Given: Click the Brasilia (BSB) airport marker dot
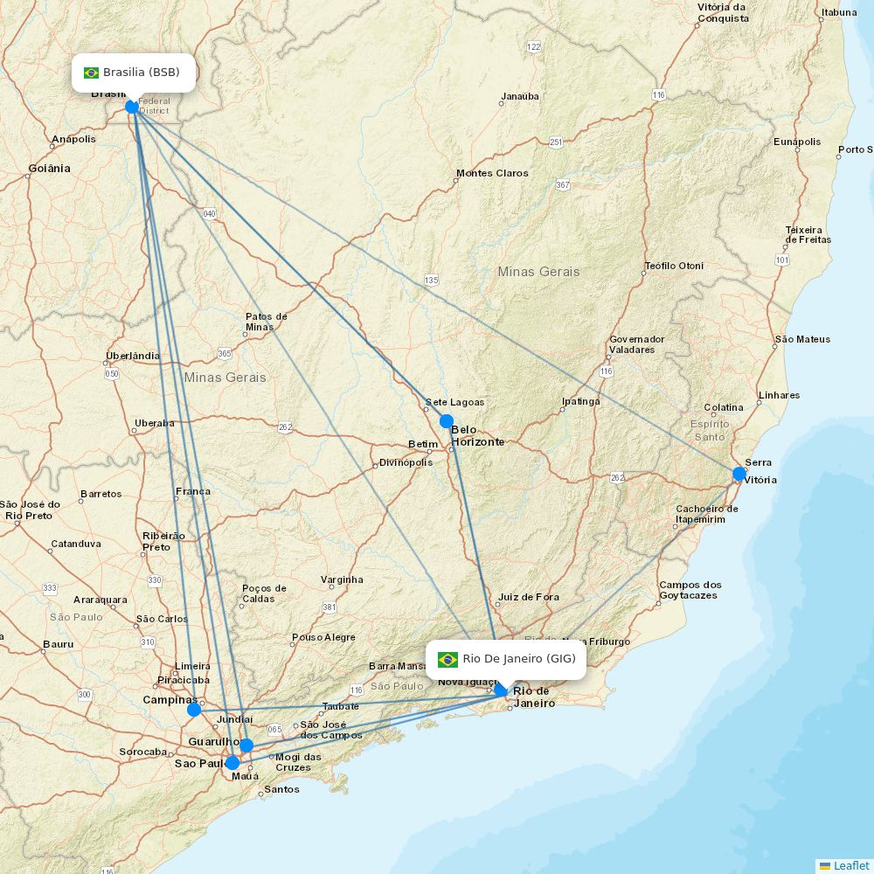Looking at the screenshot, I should (132, 107).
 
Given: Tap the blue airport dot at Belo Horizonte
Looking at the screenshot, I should (447, 421).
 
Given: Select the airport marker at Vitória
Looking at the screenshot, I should (739, 474).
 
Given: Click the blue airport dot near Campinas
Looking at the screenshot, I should (194, 710).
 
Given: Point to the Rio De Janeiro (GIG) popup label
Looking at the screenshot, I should (506, 659).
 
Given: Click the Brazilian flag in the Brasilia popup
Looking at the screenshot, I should (92, 73).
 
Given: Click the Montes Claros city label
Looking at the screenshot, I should (492, 173).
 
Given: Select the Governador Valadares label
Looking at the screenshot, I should (637, 344).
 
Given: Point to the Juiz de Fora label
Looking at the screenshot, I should (528, 598).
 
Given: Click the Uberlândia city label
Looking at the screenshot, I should (133, 356).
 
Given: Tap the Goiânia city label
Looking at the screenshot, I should (49, 168).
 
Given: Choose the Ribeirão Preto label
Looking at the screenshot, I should (163, 541).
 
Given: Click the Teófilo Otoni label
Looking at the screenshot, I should (674, 266).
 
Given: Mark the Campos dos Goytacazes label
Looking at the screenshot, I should (690, 590).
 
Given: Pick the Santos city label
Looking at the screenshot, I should (281, 789).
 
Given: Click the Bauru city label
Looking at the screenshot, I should (58, 645).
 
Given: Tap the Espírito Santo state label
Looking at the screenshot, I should (710, 430).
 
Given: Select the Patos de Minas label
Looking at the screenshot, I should (266, 322).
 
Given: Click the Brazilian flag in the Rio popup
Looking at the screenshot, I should (448, 659).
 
